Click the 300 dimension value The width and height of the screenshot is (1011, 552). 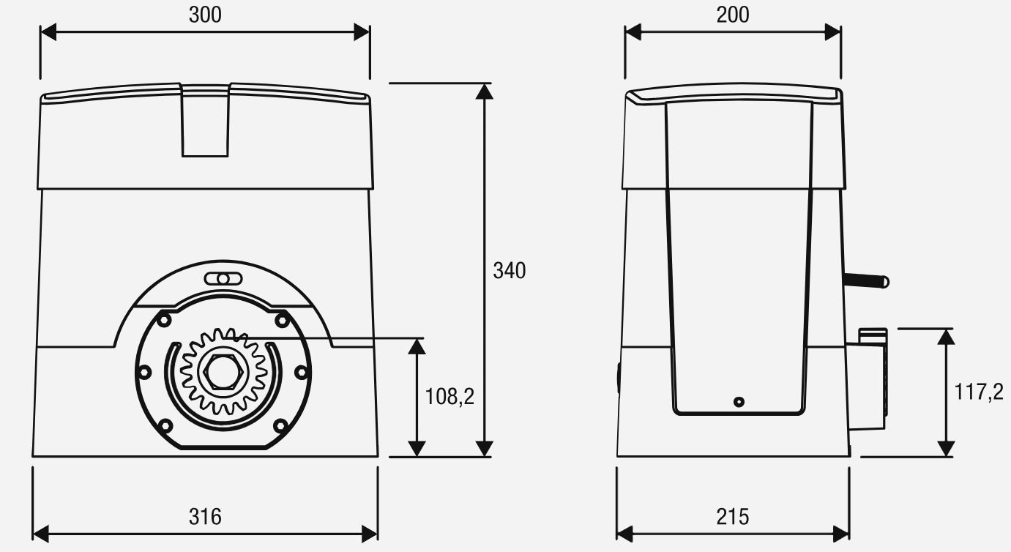click(x=205, y=15)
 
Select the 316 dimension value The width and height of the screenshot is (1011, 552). click(x=205, y=517)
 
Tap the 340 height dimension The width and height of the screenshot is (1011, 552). click(x=510, y=271)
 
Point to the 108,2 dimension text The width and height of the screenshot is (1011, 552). click(x=449, y=397)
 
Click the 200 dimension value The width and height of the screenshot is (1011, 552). click(x=733, y=15)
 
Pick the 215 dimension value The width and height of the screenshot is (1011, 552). click(x=733, y=517)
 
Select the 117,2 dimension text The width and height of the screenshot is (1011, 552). click(x=979, y=392)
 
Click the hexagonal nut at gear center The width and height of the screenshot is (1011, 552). click(x=223, y=371)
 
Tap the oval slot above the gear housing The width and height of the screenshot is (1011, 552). click(x=223, y=279)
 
